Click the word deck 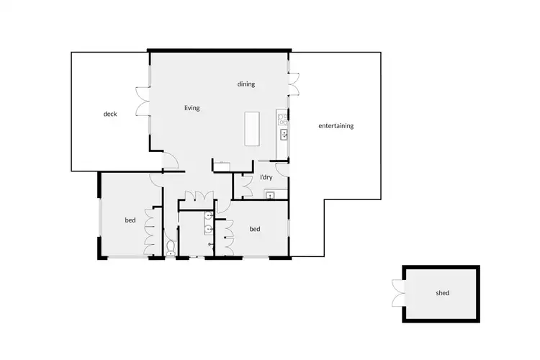(109, 114)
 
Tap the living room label (192, 108)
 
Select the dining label (246, 84)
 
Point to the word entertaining (336, 126)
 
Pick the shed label (442, 294)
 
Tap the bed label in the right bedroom (254, 229)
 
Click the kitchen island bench (253, 127)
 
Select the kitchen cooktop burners (283, 117)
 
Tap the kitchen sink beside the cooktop (284, 134)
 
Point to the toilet (170, 249)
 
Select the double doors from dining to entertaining (294, 79)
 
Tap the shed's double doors (396, 294)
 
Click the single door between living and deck (166, 163)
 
